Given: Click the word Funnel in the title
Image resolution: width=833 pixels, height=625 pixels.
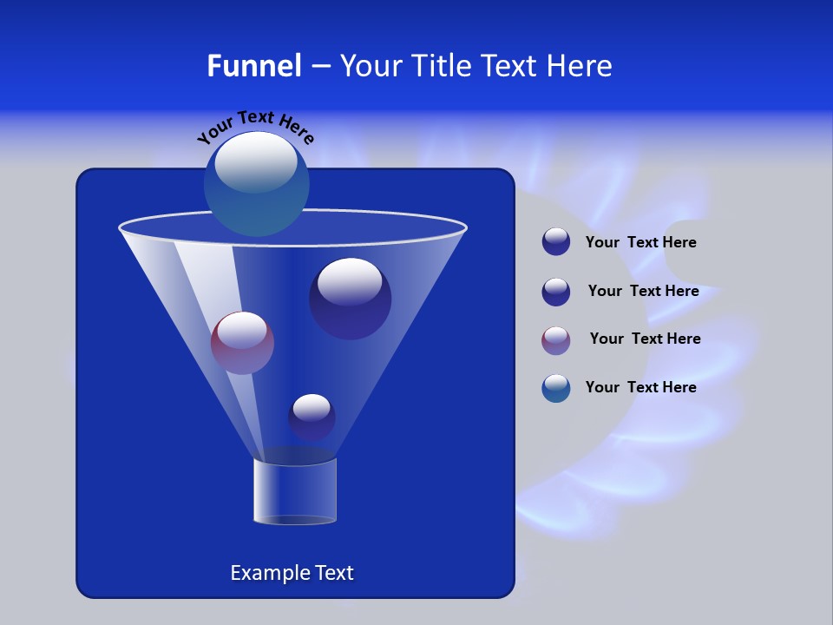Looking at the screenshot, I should click(253, 65).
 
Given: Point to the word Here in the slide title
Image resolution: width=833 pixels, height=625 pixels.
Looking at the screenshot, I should click(579, 65).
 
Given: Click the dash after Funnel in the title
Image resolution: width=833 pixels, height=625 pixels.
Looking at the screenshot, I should click(319, 67).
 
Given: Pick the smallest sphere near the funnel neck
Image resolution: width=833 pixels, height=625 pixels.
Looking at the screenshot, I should click(312, 417).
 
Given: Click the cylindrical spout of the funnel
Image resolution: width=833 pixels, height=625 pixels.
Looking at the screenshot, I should click(295, 491).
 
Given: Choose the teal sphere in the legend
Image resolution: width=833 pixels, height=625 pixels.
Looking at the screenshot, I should click(556, 388).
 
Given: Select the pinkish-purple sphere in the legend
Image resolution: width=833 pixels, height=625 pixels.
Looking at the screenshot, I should click(556, 340).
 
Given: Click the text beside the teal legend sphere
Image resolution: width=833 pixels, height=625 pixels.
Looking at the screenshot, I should click(640, 387).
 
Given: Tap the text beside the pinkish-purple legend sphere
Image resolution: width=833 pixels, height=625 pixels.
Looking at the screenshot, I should click(645, 339).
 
